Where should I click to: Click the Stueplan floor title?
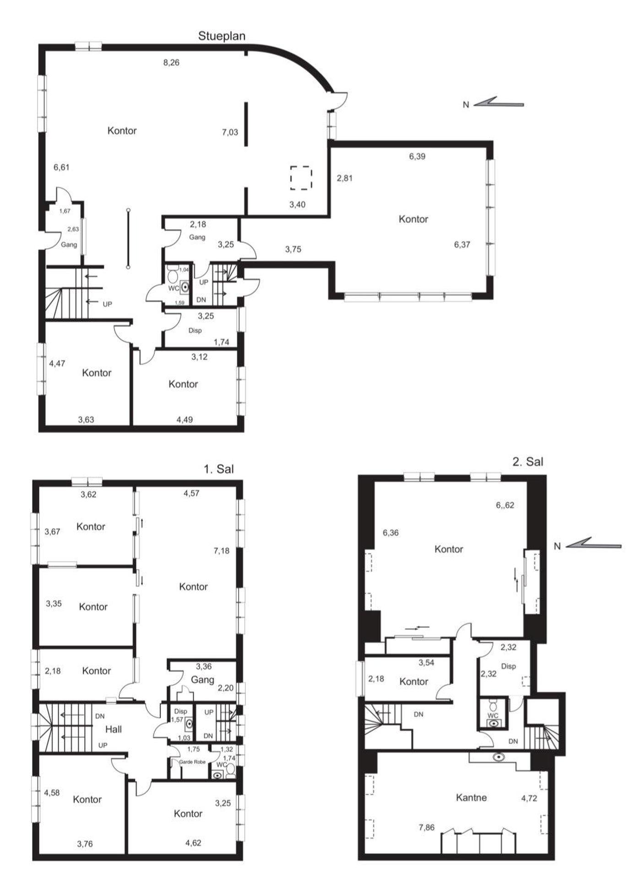click(222, 36)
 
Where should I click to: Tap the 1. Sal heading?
click(219, 469)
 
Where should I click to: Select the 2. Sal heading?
click(528, 462)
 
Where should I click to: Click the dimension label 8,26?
click(171, 63)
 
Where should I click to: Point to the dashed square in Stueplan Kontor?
click(301, 178)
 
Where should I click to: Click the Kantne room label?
click(471, 798)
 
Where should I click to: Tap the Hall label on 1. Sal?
click(114, 729)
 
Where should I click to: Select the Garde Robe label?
click(192, 762)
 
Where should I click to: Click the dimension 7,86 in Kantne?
click(427, 828)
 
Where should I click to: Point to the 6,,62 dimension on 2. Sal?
click(505, 505)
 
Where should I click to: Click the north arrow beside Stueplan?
click(499, 102)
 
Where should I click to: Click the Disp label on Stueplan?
click(195, 331)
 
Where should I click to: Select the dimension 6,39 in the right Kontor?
click(417, 157)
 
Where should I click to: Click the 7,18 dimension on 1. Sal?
click(222, 551)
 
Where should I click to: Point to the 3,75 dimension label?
click(293, 250)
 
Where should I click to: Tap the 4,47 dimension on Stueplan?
click(57, 364)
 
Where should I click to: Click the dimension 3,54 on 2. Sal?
click(426, 663)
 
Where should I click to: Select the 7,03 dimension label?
click(230, 132)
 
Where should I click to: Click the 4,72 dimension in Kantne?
click(529, 798)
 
